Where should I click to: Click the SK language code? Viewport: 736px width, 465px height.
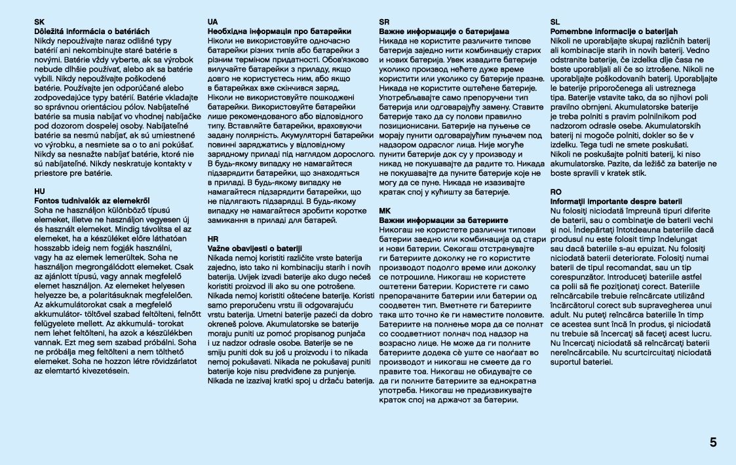39,22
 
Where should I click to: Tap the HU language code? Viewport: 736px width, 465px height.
39,192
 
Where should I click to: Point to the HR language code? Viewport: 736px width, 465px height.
212,239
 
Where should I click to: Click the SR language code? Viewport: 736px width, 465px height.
385,22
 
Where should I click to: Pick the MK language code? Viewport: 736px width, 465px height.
385,211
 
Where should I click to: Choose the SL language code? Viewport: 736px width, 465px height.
555,22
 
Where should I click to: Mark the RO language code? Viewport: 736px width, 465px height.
556,192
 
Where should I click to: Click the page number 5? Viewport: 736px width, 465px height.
712,442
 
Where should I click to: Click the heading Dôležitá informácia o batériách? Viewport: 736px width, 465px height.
92,31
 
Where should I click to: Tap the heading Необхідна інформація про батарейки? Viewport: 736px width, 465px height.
279,31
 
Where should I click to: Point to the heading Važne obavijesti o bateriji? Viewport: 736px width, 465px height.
254,249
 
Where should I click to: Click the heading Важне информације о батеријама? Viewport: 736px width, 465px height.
444,31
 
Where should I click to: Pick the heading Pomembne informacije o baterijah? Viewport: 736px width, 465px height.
614,31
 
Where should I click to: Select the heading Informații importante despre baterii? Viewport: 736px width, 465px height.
617,201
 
